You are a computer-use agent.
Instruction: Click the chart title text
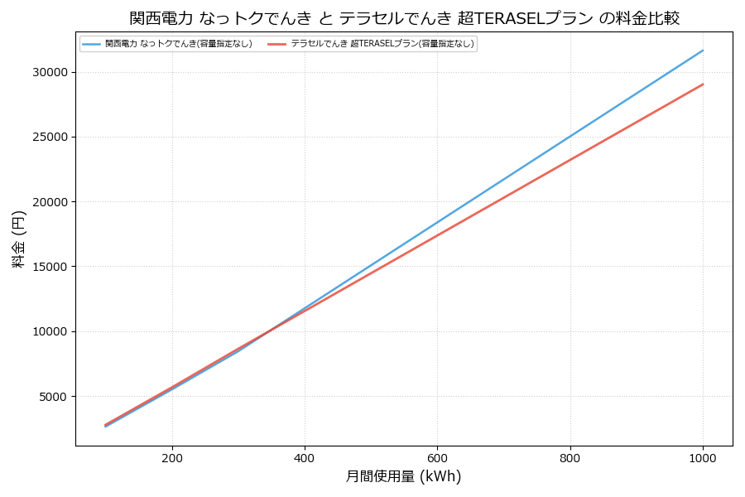click(404, 18)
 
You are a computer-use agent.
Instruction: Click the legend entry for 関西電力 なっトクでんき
click(178, 44)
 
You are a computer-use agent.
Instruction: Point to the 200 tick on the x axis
click(172, 457)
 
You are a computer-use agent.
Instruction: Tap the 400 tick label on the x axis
click(305, 457)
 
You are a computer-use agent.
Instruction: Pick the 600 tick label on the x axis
click(437, 457)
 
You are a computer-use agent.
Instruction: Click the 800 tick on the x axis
click(570, 457)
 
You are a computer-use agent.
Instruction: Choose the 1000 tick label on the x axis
click(703, 457)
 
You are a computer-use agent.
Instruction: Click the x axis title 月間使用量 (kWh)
click(403, 477)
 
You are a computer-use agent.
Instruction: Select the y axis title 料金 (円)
click(18, 239)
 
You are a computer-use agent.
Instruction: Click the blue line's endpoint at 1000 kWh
click(703, 51)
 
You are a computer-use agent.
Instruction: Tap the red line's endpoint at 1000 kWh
click(703, 84)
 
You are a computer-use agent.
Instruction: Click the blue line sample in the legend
click(91, 44)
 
